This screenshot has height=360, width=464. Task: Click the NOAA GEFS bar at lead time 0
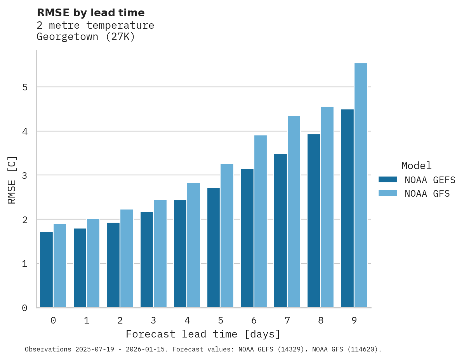click(46, 270)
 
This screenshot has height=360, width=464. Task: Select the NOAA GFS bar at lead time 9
click(361, 185)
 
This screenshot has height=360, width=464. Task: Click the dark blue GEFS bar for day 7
click(280, 231)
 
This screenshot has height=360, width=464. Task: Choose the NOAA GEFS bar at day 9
click(347, 208)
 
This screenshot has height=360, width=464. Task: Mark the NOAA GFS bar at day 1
click(93, 263)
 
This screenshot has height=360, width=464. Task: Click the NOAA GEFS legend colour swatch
click(388, 180)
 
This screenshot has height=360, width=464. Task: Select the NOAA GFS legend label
click(427, 194)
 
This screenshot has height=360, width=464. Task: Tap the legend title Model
click(416, 166)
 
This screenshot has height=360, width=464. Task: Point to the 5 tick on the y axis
click(25, 87)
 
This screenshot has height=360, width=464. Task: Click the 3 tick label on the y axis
click(25, 175)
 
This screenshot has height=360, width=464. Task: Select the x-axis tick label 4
click(187, 320)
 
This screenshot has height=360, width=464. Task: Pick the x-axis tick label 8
click(320, 320)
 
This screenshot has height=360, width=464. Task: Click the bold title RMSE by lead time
click(90, 13)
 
